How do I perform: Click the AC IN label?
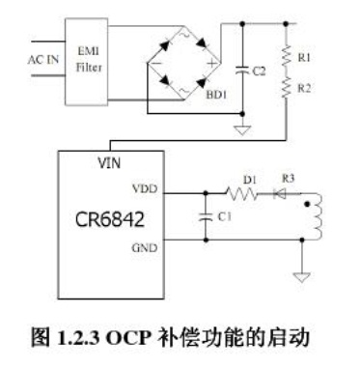point(43,59)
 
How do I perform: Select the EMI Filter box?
point(87,62)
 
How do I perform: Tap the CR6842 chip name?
point(110,220)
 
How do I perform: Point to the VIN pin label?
point(109,163)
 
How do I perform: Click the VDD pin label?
point(145,188)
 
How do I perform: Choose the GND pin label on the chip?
point(145,248)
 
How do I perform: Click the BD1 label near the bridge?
point(216,95)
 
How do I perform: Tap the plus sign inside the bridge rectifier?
point(212,63)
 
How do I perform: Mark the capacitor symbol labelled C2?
point(242,71)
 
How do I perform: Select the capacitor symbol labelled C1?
point(206,216)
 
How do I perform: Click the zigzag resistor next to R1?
point(286,56)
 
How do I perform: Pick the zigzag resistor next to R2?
point(286,87)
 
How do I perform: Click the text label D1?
point(250,180)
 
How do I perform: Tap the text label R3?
point(289,178)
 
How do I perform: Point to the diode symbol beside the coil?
point(279,194)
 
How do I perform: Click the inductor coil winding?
point(317,216)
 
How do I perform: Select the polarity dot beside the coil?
point(307,204)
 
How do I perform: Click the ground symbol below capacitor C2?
point(242,130)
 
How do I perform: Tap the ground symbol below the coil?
point(302,277)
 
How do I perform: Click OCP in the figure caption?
point(128,338)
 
